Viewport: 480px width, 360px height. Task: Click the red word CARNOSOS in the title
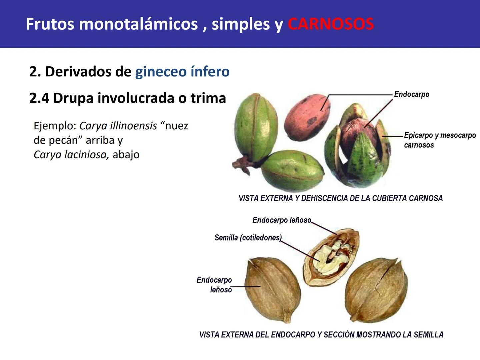331,24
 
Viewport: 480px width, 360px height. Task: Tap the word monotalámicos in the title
138,24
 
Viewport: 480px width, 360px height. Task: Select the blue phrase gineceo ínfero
182,71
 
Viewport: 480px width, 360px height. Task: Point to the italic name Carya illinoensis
118,126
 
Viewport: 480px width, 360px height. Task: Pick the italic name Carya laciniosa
71,155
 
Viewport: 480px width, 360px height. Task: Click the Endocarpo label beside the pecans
411,94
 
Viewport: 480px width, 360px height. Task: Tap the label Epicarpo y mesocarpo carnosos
439,140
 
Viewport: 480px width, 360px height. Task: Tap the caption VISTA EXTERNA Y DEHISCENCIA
340,198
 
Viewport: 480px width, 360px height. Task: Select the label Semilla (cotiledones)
248,238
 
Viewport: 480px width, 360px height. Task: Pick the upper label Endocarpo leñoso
282,220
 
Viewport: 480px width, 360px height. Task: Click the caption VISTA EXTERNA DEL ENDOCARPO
321,335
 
